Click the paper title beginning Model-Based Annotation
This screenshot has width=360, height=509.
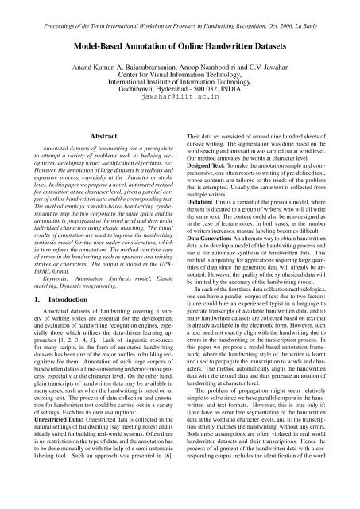point(180,47)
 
